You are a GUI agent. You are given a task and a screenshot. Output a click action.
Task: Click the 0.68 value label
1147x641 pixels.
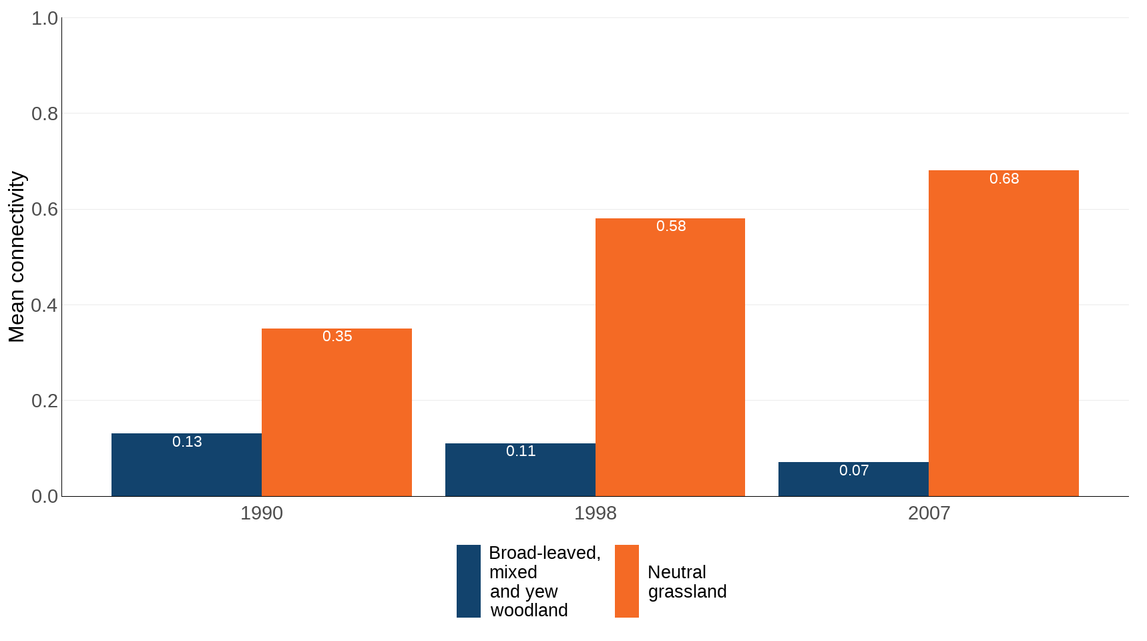point(1004,179)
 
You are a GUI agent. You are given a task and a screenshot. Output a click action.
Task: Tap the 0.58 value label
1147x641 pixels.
point(671,226)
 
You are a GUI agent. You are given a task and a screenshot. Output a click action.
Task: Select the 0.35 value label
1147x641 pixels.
point(337,337)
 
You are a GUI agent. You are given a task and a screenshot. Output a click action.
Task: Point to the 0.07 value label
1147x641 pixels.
point(854,471)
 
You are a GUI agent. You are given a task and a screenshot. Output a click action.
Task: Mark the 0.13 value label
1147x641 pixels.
point(187,442)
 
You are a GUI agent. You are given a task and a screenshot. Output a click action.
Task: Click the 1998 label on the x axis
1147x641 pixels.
point(596,513)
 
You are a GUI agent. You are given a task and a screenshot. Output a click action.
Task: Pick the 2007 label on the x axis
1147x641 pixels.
point(929,513)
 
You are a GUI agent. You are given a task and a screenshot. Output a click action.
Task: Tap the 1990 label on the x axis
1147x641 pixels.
point(262,513)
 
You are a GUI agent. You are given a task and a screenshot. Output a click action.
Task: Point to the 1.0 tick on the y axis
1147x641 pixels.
point(45,19)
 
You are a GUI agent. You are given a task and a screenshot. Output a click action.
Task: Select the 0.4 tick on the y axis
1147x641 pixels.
point(45,306)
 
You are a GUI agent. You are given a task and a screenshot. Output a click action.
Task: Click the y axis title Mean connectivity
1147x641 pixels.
point(17,257)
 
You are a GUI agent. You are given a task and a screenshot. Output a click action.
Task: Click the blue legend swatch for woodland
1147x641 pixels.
point(469,581)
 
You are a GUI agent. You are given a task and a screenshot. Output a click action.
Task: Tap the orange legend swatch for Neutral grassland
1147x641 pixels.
point(626,581)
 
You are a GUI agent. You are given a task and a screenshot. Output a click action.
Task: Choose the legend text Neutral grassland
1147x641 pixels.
point(686,582)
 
